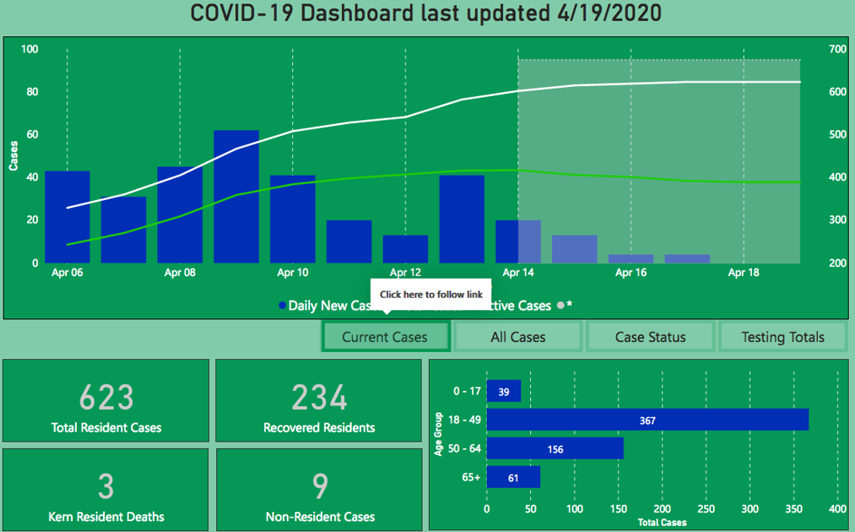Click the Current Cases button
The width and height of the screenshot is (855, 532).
point(385,337)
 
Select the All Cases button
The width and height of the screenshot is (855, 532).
point(518,337)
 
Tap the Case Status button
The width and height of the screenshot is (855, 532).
point(650,337)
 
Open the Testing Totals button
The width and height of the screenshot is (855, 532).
point(782,337)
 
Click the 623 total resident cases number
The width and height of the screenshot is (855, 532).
point(106,397)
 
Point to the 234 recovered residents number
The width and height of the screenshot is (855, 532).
point(319,397)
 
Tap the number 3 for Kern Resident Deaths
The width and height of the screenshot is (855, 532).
point(106,486)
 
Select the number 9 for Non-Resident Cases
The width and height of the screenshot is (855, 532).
point(319,486)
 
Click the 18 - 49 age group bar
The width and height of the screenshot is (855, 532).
point(647,420)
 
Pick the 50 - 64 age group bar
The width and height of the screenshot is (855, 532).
point(555,448)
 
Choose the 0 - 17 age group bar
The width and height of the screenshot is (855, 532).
point(504,392)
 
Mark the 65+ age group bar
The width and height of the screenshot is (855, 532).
point(513,478)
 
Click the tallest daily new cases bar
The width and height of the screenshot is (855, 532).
point(236,196)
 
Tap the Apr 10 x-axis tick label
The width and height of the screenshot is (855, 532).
point(293,273)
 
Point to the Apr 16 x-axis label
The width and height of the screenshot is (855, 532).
point(630,273)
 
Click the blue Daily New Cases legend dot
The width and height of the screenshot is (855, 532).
point(282,306)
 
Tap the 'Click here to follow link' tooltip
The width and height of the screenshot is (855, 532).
point(430,295)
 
